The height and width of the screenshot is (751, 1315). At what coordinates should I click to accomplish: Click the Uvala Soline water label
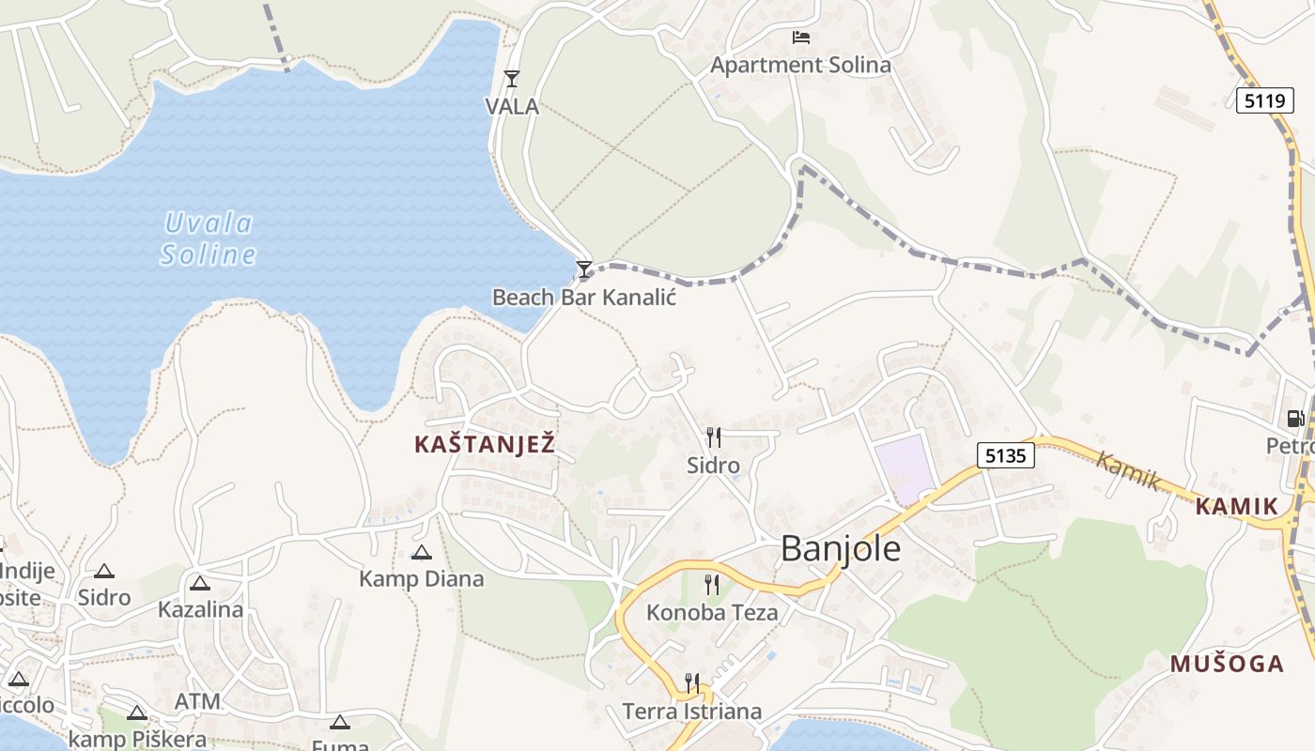pos(208,238)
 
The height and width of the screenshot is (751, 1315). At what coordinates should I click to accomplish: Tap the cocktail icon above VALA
pos(512,79)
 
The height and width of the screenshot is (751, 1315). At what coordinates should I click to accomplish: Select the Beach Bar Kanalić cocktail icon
pos(584,270)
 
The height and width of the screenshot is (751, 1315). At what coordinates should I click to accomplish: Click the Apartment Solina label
pos(800,65)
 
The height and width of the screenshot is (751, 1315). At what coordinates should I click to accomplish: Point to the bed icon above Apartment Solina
pos(800,38)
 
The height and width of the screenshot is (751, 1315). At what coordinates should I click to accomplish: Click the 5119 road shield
pos(1264,100)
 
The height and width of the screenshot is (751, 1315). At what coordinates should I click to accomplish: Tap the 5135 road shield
pos(1005,456)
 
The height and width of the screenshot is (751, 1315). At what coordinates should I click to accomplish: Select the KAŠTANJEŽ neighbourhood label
pos(485,445)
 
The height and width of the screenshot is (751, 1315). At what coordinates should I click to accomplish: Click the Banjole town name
pos(841,548)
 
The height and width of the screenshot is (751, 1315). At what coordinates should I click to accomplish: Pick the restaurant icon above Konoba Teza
pos(712,585)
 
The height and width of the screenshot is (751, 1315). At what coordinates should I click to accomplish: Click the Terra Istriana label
pos(692,711)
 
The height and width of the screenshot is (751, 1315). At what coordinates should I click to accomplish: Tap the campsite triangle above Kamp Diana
pos(422,552)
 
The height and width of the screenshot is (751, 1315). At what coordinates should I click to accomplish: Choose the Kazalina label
pos(200,609)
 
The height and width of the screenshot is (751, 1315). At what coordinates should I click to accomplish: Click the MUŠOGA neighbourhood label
pos(1227,664)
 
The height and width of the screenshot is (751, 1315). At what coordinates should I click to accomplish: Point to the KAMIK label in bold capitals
pos(1237,507)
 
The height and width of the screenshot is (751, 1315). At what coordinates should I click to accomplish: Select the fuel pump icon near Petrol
pos(1295,419)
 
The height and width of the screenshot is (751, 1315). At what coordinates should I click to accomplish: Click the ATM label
pos(197,701)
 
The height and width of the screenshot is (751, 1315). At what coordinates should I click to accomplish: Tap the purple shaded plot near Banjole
pos(905,468)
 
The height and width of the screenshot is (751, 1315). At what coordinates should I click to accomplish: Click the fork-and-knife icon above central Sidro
pos(714,437)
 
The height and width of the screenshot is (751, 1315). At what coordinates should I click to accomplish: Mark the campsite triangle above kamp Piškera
pos(137,713)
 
